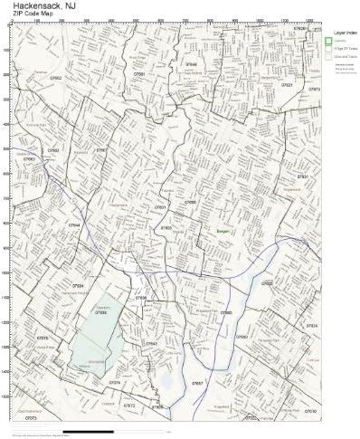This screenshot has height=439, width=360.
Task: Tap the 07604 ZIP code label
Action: (79, 285)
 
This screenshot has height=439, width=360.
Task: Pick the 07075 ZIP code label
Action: (42, 338)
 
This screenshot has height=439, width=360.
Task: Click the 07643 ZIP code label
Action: (151, 344)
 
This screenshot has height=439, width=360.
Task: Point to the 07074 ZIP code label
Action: (115, 383)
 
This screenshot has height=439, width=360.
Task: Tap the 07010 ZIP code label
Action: (310, 410)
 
